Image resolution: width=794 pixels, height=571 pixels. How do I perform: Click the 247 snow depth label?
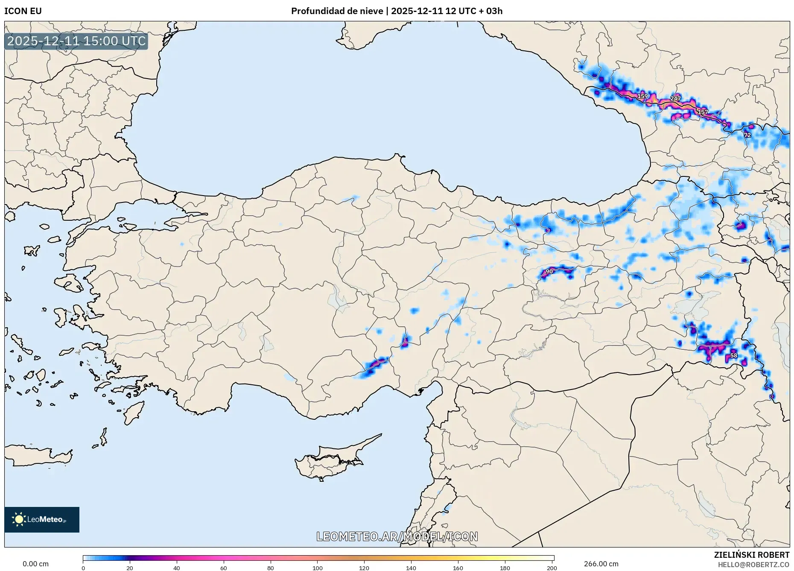point(675,98)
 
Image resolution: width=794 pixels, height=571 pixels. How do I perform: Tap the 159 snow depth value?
point(642,96)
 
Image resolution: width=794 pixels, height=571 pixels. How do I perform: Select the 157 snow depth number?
point(703,112)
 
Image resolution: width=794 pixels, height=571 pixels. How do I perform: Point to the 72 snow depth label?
point(747,135)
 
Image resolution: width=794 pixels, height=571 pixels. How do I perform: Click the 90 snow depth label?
point(549,271)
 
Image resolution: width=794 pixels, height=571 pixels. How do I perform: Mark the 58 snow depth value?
point(733,355)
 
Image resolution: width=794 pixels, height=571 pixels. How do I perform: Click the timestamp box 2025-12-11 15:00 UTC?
point(76,41)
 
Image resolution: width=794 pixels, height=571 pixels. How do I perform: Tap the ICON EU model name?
point(23,11)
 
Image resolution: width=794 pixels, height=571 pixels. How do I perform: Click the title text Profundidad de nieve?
point(337,11)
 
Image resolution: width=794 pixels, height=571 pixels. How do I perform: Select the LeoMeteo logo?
point(42,519)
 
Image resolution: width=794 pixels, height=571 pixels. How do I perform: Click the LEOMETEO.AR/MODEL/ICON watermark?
point(397,536)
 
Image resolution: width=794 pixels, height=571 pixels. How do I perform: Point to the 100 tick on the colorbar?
point(317,568)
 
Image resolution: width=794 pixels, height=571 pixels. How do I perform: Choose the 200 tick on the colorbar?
point(552,568)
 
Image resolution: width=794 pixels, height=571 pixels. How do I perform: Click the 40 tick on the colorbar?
point(177,568)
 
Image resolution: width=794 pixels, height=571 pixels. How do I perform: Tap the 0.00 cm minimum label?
point(35,564)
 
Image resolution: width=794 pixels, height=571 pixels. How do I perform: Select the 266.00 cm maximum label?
point(601,564)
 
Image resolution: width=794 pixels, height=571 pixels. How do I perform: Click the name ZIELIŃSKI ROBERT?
point(751,555)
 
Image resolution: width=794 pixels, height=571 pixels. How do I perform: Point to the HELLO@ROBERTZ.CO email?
point(753,565)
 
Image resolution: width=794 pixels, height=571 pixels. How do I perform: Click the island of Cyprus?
point(329,461)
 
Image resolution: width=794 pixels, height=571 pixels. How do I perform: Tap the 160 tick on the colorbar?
point(458,568)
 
